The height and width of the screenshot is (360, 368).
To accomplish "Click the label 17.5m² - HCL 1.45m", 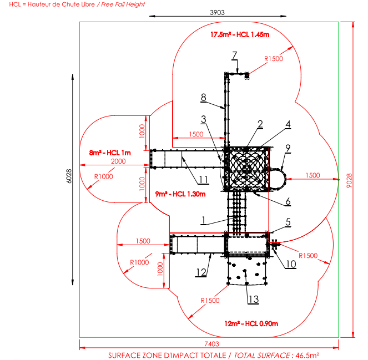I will (240, 35).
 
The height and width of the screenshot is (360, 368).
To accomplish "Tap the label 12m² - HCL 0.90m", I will (251, 323).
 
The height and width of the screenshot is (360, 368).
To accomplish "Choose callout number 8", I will (204, 97).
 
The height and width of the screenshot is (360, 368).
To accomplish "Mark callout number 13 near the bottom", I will (253, 300).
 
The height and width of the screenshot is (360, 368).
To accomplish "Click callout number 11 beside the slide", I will (204, 179).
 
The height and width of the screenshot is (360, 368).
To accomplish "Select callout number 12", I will (201, 272).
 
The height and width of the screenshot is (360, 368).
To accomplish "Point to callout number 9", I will (288, 148).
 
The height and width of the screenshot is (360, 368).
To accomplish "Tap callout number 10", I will (291, 264).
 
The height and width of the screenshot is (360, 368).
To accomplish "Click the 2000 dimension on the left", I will (118, 161).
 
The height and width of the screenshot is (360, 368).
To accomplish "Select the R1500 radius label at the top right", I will (273, 58).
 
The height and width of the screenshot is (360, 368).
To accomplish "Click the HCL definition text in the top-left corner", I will (73, 4).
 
